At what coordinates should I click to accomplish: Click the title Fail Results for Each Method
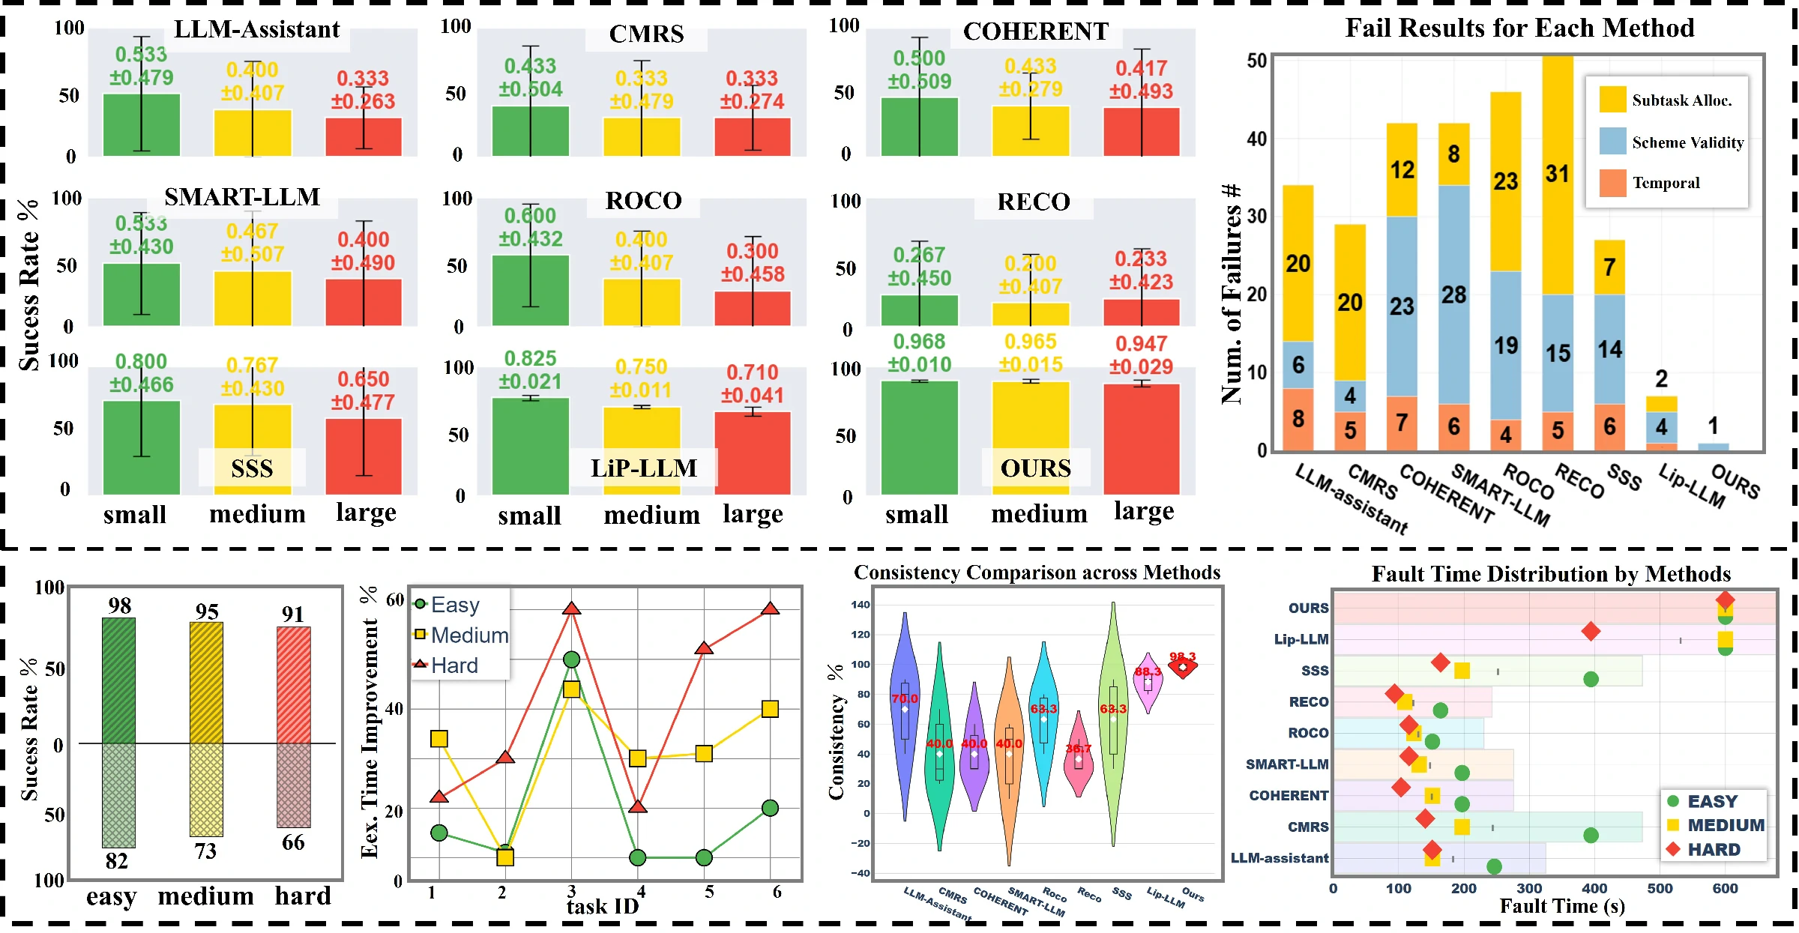[x=1519, y=28]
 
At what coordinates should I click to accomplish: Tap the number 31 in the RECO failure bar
[x=1557, y=174]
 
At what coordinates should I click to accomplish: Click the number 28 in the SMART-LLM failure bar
[x=1453, y=295]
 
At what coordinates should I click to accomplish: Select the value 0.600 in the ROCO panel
[x=529, y=216]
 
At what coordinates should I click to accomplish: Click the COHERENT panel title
[x=1035, y=31]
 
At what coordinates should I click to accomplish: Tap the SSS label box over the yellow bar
[x=252, y=468]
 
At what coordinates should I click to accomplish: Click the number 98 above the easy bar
[x=119, y=606]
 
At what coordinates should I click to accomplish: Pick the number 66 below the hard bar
[x=293, y=842]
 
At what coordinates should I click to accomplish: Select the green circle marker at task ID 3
[x=571, y=659]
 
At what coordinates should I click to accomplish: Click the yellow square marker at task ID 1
[x=439, y=739]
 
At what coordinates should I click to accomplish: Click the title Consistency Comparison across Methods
[x=1037, y=573]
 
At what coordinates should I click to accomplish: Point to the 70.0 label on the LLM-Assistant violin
[x=905, y=698]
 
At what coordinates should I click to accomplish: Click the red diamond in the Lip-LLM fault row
[x=1591, y=631]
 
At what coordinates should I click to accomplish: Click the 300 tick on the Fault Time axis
[x=1529, y=888]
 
